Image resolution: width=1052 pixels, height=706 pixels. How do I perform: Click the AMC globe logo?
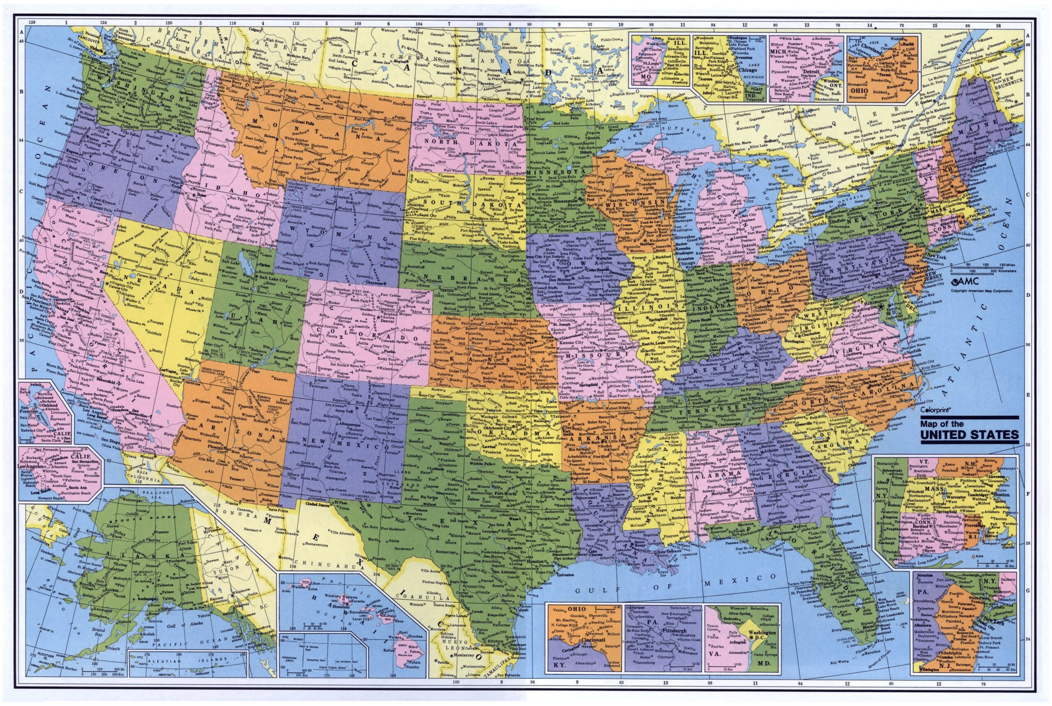click(956, 283)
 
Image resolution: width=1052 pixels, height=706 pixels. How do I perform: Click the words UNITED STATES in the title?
click(969, 435)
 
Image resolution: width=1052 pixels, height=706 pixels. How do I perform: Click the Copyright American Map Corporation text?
click(981, 291)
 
